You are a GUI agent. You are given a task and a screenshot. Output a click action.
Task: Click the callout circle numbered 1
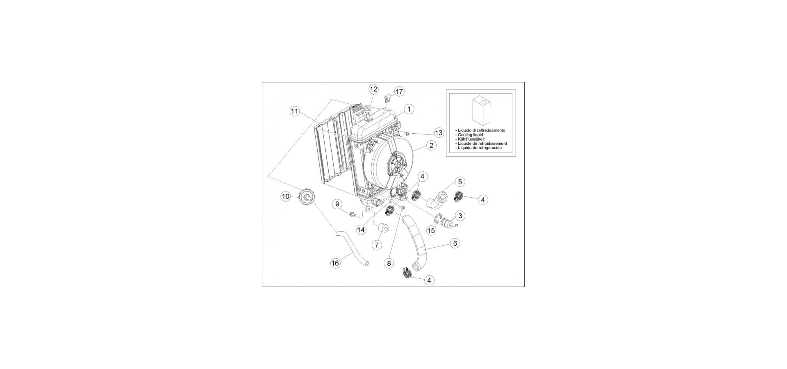pos(409,109)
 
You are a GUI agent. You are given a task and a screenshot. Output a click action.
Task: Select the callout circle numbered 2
pos(431,145)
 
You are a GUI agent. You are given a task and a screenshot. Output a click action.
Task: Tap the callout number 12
pos(373,89)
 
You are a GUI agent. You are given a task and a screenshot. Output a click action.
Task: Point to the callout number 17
pos(399,91)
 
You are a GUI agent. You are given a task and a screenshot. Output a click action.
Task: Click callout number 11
pos(295,111)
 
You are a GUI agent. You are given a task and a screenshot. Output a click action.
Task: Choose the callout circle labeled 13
pos(439,133)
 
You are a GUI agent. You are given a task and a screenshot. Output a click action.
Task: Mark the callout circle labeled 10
pos(285,197)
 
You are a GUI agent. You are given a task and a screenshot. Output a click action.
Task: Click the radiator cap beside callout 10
pos(306,198)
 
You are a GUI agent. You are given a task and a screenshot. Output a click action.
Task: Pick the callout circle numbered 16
pos(335,263)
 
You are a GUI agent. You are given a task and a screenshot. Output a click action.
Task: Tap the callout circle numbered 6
pos(455,243)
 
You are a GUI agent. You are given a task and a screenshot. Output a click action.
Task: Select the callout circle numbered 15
pos(431,231)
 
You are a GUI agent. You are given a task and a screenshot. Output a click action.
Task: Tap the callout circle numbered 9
pos(337,204)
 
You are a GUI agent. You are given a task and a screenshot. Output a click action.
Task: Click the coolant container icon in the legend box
pos(481,111)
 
